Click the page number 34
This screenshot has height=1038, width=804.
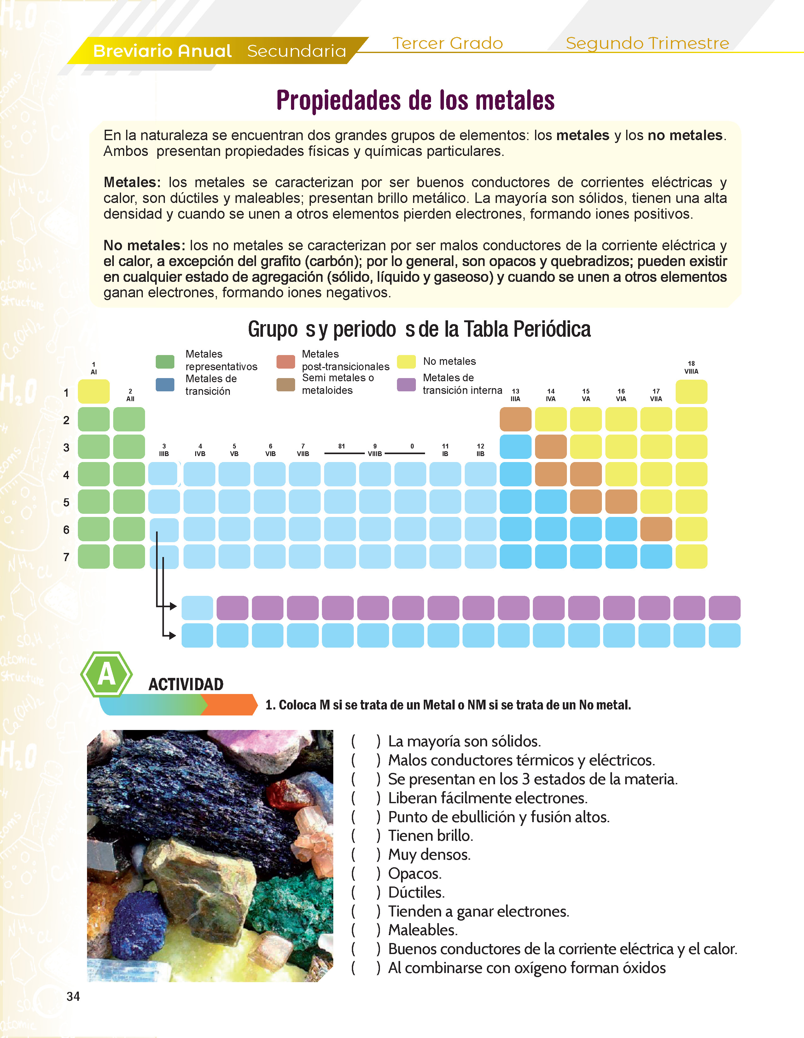pyautogui.click(x=73, y=997)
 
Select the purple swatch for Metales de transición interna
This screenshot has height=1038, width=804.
pyautogui.click(x=406, y=384)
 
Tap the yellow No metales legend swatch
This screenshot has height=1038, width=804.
pyautogui.click(x=406, y=362)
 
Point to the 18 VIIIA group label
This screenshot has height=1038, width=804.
pyautogui.click(x=691, y=367)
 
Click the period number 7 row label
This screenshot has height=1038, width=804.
pyautogui.click(x=67, y=557)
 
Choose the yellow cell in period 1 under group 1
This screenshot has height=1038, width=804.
pyautogui.click(x=94, y=392)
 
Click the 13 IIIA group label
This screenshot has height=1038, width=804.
pyautogui.click(x=515, y=395)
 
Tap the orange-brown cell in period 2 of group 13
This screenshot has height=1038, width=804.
pyautogui.click(x=515, y=419)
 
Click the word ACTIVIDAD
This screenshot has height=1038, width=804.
pyautogui.click(x=186, y=685)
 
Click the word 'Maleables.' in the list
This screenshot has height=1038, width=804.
pyautogui.click(x=423, y=930)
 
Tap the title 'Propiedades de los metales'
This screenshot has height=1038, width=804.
pyautogui.click(x=415, y=100)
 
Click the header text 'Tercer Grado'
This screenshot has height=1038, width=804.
pyautogui.click(x=447, y=43)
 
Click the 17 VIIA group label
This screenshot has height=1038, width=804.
pyautogui.click(x=656, y=395)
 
